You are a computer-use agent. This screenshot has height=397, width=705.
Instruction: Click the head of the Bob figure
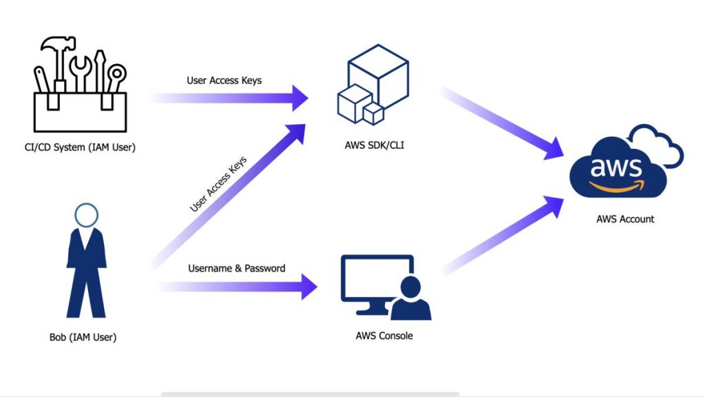pos(86,216)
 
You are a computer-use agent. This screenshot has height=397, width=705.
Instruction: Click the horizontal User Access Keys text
pos(224,81)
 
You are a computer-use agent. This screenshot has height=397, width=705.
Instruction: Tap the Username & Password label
pos(236,268)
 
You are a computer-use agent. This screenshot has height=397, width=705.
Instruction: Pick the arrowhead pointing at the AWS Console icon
pos(308,285)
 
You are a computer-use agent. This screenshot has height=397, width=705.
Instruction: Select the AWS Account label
pos(625,219)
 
